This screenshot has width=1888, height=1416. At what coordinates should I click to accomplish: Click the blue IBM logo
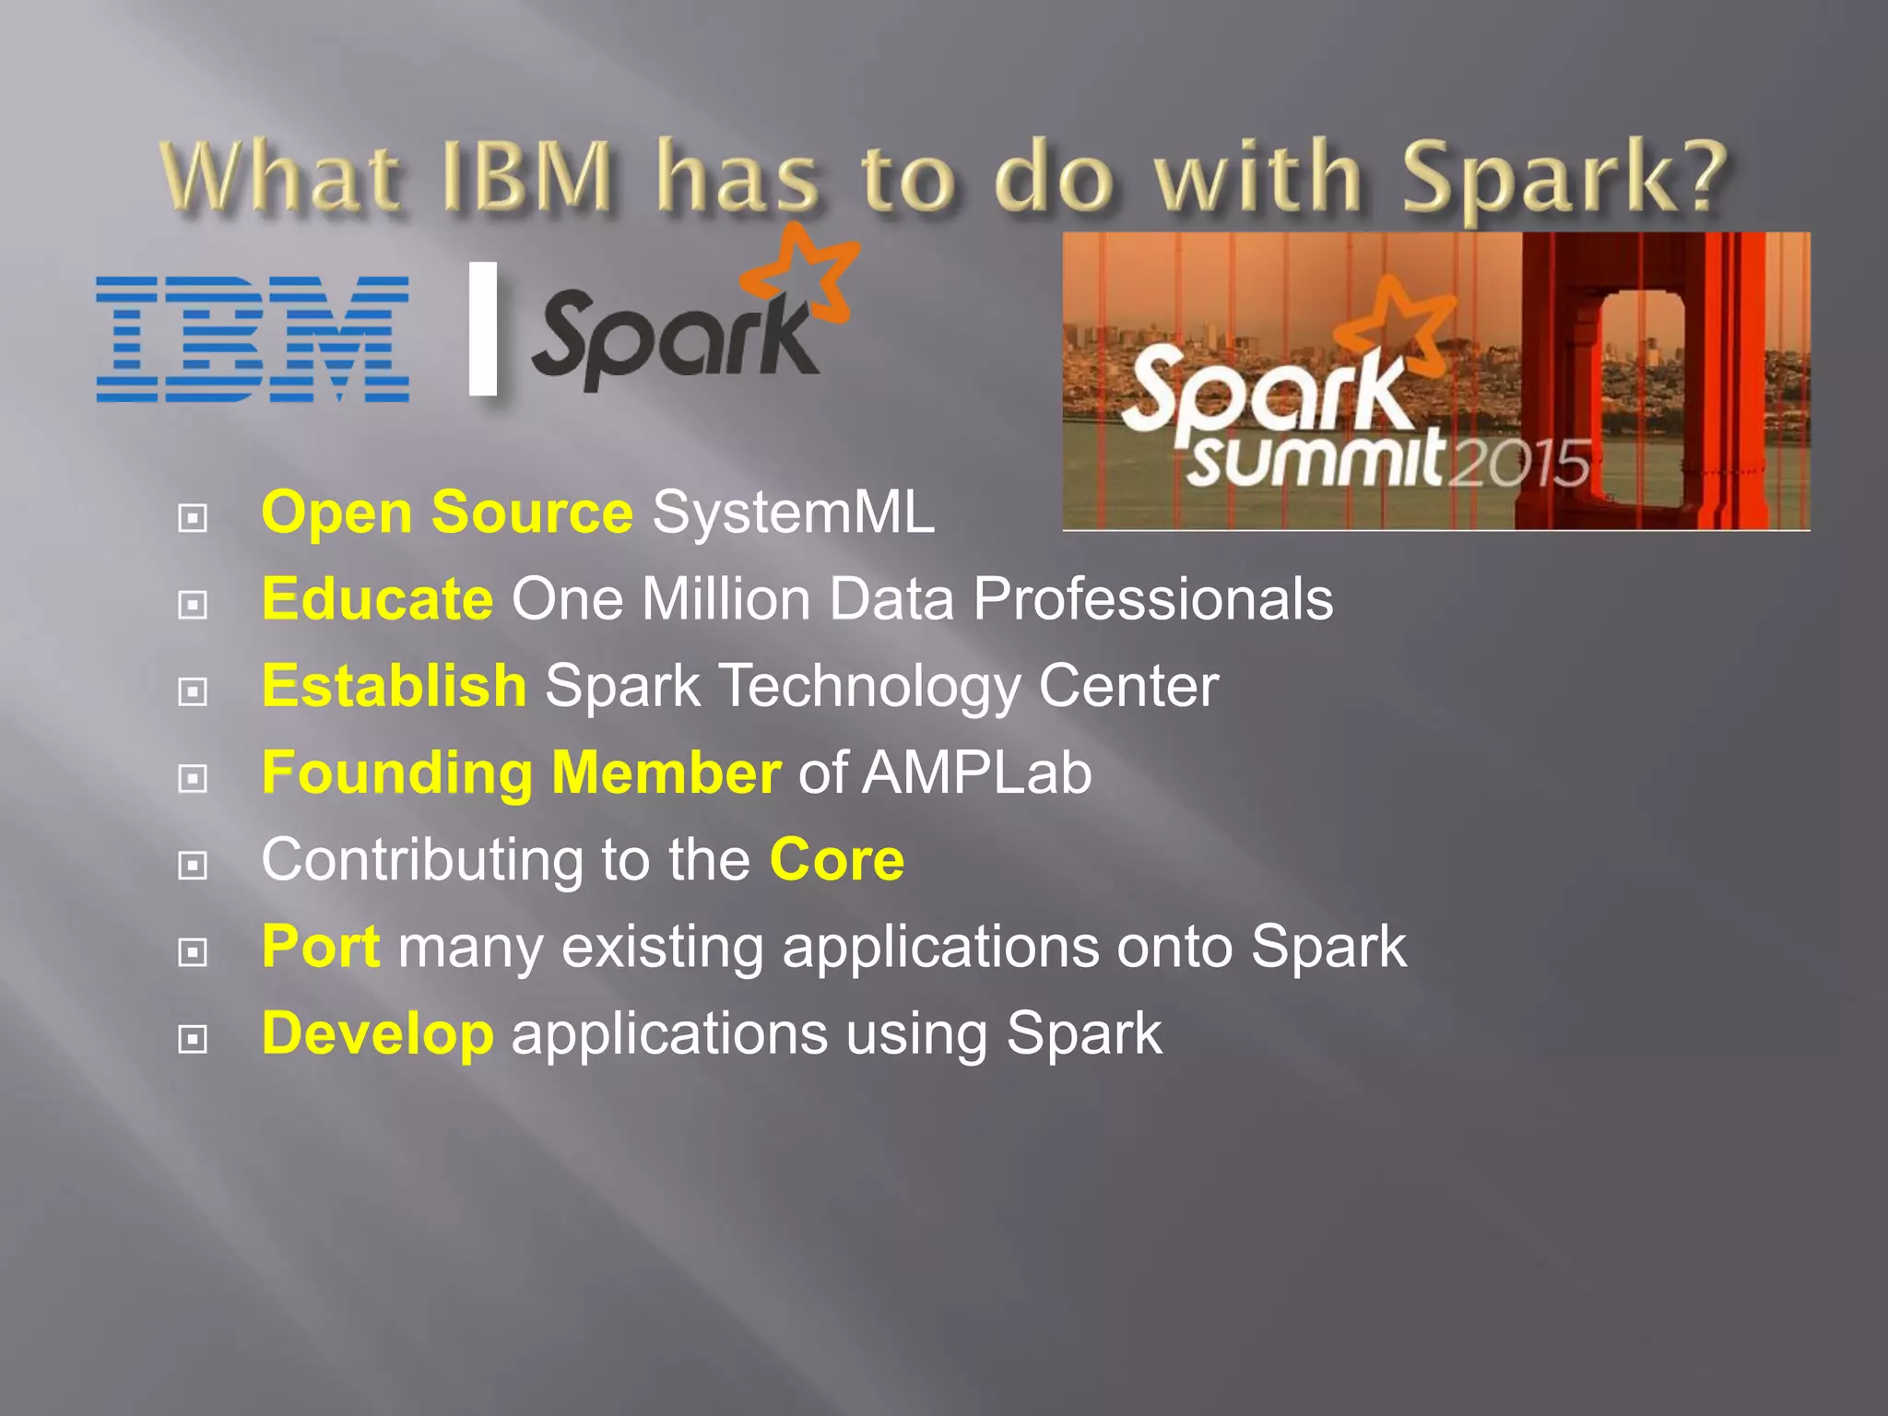(252, 338)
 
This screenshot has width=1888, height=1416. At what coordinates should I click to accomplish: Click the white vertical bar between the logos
(483, 328)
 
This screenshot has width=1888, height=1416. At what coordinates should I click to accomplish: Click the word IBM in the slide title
(526, 175)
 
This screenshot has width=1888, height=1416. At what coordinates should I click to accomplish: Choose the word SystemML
(793, 513)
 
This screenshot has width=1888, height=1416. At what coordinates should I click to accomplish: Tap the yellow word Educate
(377, 599)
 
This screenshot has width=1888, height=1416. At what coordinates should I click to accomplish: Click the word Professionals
(1152, 599)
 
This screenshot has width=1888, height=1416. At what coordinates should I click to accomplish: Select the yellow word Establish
(394, 686)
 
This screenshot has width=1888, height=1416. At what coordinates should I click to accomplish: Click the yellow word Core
(836, 859)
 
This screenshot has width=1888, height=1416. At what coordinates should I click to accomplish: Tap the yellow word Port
(320, 947)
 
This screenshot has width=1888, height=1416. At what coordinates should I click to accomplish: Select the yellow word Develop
(377, 1033)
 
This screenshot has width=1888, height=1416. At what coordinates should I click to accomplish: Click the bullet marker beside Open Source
(192, 517)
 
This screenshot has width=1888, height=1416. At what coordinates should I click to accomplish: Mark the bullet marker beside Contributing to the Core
(192, 865)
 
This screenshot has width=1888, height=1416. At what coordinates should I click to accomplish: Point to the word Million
(726, 599)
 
